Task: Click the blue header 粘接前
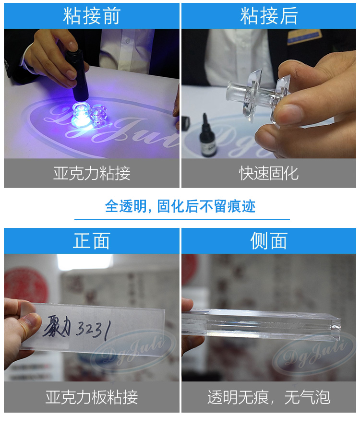[x=91, y=16]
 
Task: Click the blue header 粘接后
[x=269, y=16]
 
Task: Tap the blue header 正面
[x=91, y=241]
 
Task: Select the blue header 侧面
[x=269, y=241]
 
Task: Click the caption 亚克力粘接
[x=91, y=173]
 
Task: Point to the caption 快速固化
[x=269, y=173]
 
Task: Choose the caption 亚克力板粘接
[x=91, y=397]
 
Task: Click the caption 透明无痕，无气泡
[x=269, y=397]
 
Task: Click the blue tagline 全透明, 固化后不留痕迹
[x=180, y=206]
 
